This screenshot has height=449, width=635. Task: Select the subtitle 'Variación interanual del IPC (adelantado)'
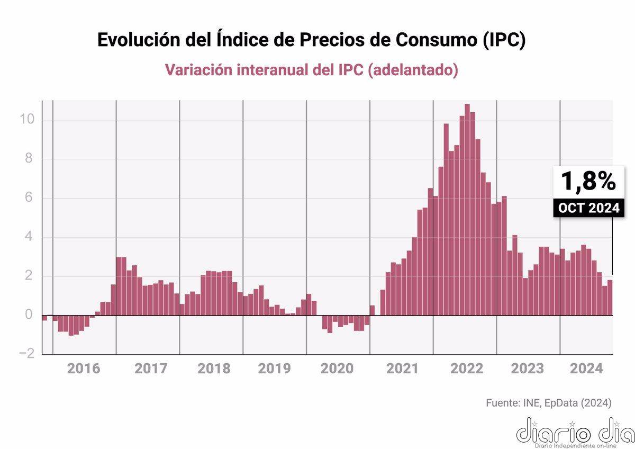pos(311,70)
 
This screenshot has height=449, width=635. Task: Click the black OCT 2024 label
pos(588,208)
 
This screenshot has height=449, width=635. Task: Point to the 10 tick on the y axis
pos(27,120)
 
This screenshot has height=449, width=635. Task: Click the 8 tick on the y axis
pos(31,159)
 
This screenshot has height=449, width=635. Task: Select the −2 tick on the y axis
pos(26,354)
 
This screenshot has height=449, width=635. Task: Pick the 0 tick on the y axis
pos(31,315)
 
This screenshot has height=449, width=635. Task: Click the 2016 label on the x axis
pos(84,369)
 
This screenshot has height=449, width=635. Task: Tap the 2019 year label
pos(274,369)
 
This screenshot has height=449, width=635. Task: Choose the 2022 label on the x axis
pos(466,369)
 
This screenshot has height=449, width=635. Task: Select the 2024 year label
pos(586,369)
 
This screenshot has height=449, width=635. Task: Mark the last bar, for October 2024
pos(610,298)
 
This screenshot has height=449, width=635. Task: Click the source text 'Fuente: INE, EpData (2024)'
pos(548,403)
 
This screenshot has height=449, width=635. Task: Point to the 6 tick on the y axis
pos(31,198)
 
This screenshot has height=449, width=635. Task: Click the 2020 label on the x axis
pos(337,369)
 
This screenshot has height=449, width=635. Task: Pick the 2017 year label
pos(151,369)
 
